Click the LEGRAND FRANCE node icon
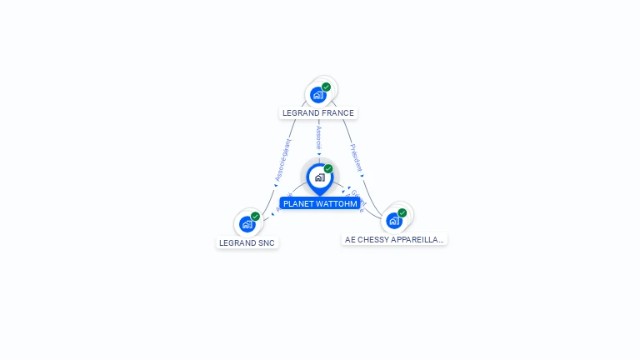coord(317,95)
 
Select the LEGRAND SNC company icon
coord(247,224)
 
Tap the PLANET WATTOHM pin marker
coord(319,177)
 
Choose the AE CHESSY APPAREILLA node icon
coord(394,221)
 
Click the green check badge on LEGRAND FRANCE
coord(326,87)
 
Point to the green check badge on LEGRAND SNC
coord(255,216)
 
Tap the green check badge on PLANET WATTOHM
coord(328,169)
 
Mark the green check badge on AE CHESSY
coord(402,213)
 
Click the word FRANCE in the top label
coord(337,113)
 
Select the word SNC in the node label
coord(265,243)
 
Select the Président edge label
coord(357,157)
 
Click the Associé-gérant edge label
coord(283,160)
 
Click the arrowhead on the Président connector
coord(362,176)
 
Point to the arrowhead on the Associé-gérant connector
coord(275,185)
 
